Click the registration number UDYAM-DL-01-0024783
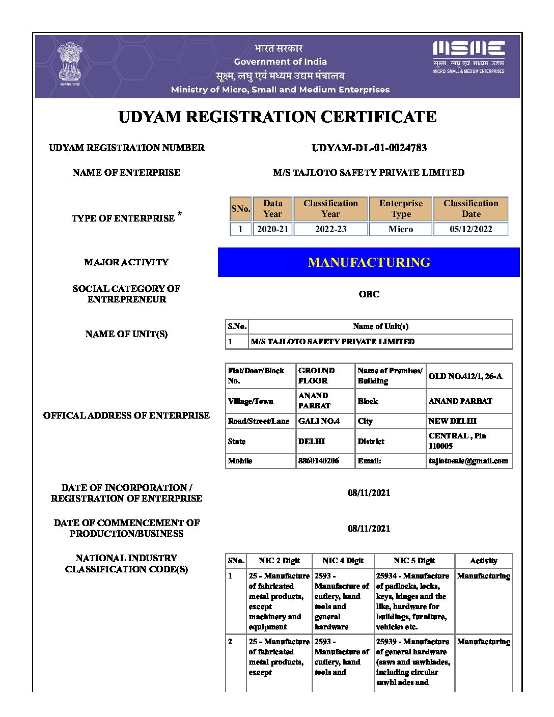click(369, 148)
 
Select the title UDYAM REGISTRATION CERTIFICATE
click(277, 117)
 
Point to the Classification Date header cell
click(470, 209)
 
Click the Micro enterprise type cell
click(401, 229)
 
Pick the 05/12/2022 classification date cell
click(470, 229)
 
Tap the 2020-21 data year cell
click(272, 229)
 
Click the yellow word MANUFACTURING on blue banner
click(369, 262)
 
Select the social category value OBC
click(369, 294)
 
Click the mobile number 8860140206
click(319, 461)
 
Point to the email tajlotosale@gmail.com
click(468, 461)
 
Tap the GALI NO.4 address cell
click(319, 421)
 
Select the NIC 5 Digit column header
click(414, 561)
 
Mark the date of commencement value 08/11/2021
click(369, 528)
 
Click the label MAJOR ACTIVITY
click(126, 262)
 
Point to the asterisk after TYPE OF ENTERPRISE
click(180, 214)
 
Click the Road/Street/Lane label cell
click(258, 421)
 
